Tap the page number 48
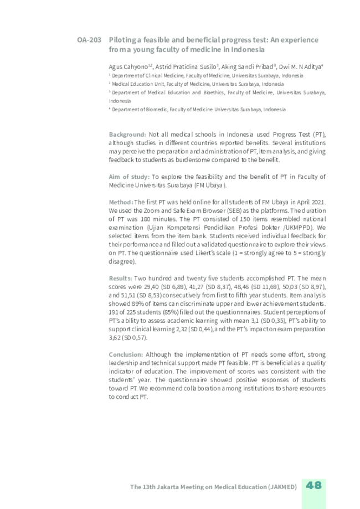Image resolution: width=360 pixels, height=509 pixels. pyautogui.click(x=313, y=485)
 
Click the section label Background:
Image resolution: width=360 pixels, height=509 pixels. pyautogui.click(x=127, y=135)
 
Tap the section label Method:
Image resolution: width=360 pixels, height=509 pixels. pyautogui.click(x=121, y=202)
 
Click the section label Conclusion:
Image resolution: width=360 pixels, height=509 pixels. pyautogui.click(x=126, y=354)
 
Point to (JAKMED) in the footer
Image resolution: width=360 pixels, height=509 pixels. pyautogui.click(x=282, y=487)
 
